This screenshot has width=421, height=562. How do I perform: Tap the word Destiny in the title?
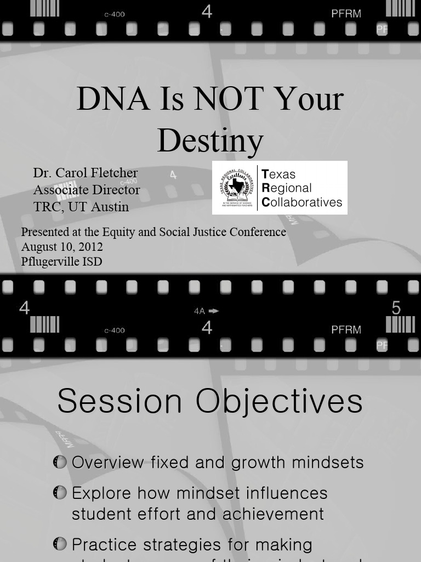pyautogui.click(x=210, y=140)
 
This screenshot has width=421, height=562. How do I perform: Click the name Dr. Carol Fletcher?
pyautogui.click(x=86, y=173)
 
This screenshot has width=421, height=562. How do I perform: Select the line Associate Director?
pyautogui.click(x=87, y=190)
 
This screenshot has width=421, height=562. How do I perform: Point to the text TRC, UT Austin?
pyautogui.click(x=81, y=207)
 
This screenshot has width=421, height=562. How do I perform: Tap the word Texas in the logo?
pyautogui.click(x=279, y=175)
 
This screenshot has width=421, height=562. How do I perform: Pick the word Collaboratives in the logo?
pyautogui.click(x=302, y=202)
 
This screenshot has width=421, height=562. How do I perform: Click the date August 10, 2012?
pyautogui.click(x=62, y=247)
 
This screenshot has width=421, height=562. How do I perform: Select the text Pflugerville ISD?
pyautogui.click(x=61, y=261)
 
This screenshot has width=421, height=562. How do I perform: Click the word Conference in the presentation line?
pyautogui.click(x=258, y=232)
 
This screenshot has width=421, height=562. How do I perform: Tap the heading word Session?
pyautogui.click(x=120, y=401)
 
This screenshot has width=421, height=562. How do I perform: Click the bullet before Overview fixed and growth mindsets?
pyautogui.click(x=60, y=462)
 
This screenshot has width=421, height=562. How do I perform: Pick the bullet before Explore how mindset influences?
pyautogui.click(x=60, y=493)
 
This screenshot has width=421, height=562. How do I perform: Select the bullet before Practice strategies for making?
pyautogui.click(x=60, y=544)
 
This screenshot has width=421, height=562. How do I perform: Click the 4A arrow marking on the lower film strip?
pyautogui.click(x=206, y=311)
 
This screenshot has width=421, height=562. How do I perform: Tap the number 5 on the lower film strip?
pyautogui.click(x=396, y=308)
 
